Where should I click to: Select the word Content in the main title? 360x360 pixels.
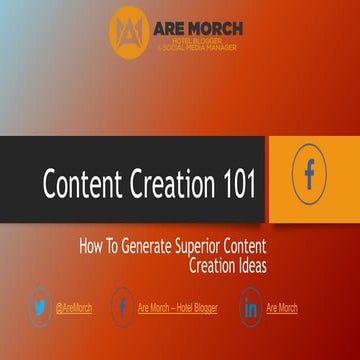(83, 185)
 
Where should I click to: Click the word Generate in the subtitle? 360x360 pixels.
(139, 243)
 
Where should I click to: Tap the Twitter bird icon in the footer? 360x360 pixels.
(40, 307)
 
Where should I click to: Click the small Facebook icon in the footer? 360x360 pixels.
(122, 307)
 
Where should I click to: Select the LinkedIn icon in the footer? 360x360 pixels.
(250, 307)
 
